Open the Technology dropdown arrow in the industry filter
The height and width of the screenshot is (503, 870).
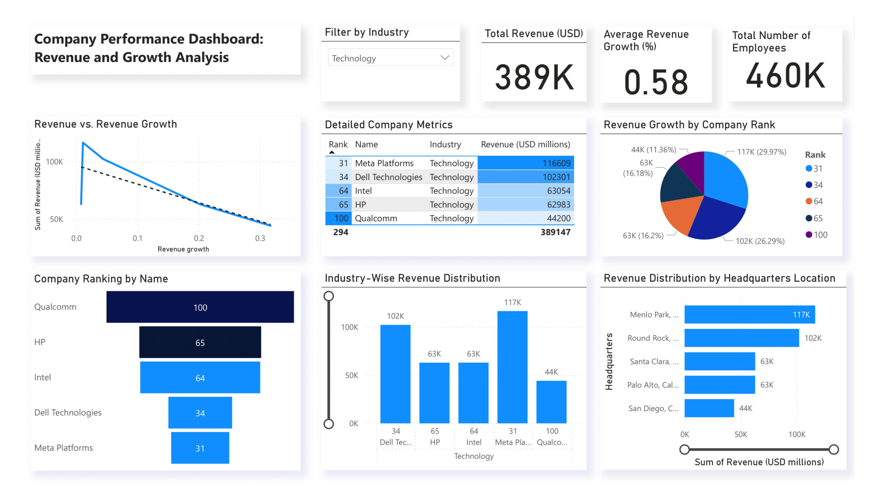(x=445, y=58)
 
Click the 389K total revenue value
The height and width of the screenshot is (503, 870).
(x=534, y=77)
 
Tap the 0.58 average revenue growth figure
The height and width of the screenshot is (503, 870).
(x=656, y=82)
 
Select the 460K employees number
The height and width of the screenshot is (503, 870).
(x=785, y=75)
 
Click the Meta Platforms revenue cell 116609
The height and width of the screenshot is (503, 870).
(x=525, y=163)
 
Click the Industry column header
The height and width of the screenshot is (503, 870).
(x=445, y=144)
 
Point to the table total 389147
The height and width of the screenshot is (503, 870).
(x=555, y=232)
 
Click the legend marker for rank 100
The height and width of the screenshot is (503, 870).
(x=808, y=235)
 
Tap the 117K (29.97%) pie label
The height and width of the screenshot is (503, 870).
(x=762, y=152)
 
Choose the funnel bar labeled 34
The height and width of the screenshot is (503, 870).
(x=200, y=413)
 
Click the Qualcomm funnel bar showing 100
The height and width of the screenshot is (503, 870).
(x=200, y=307)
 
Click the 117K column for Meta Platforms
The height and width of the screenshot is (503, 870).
(x=512, y=367)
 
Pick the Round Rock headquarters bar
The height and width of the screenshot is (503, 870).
(x=741, y=337)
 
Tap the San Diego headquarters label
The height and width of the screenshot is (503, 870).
(x=653, y=409)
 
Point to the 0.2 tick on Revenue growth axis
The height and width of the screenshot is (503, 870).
(x=199, y=238)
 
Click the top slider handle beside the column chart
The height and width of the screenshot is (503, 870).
(x=329, y=296)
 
